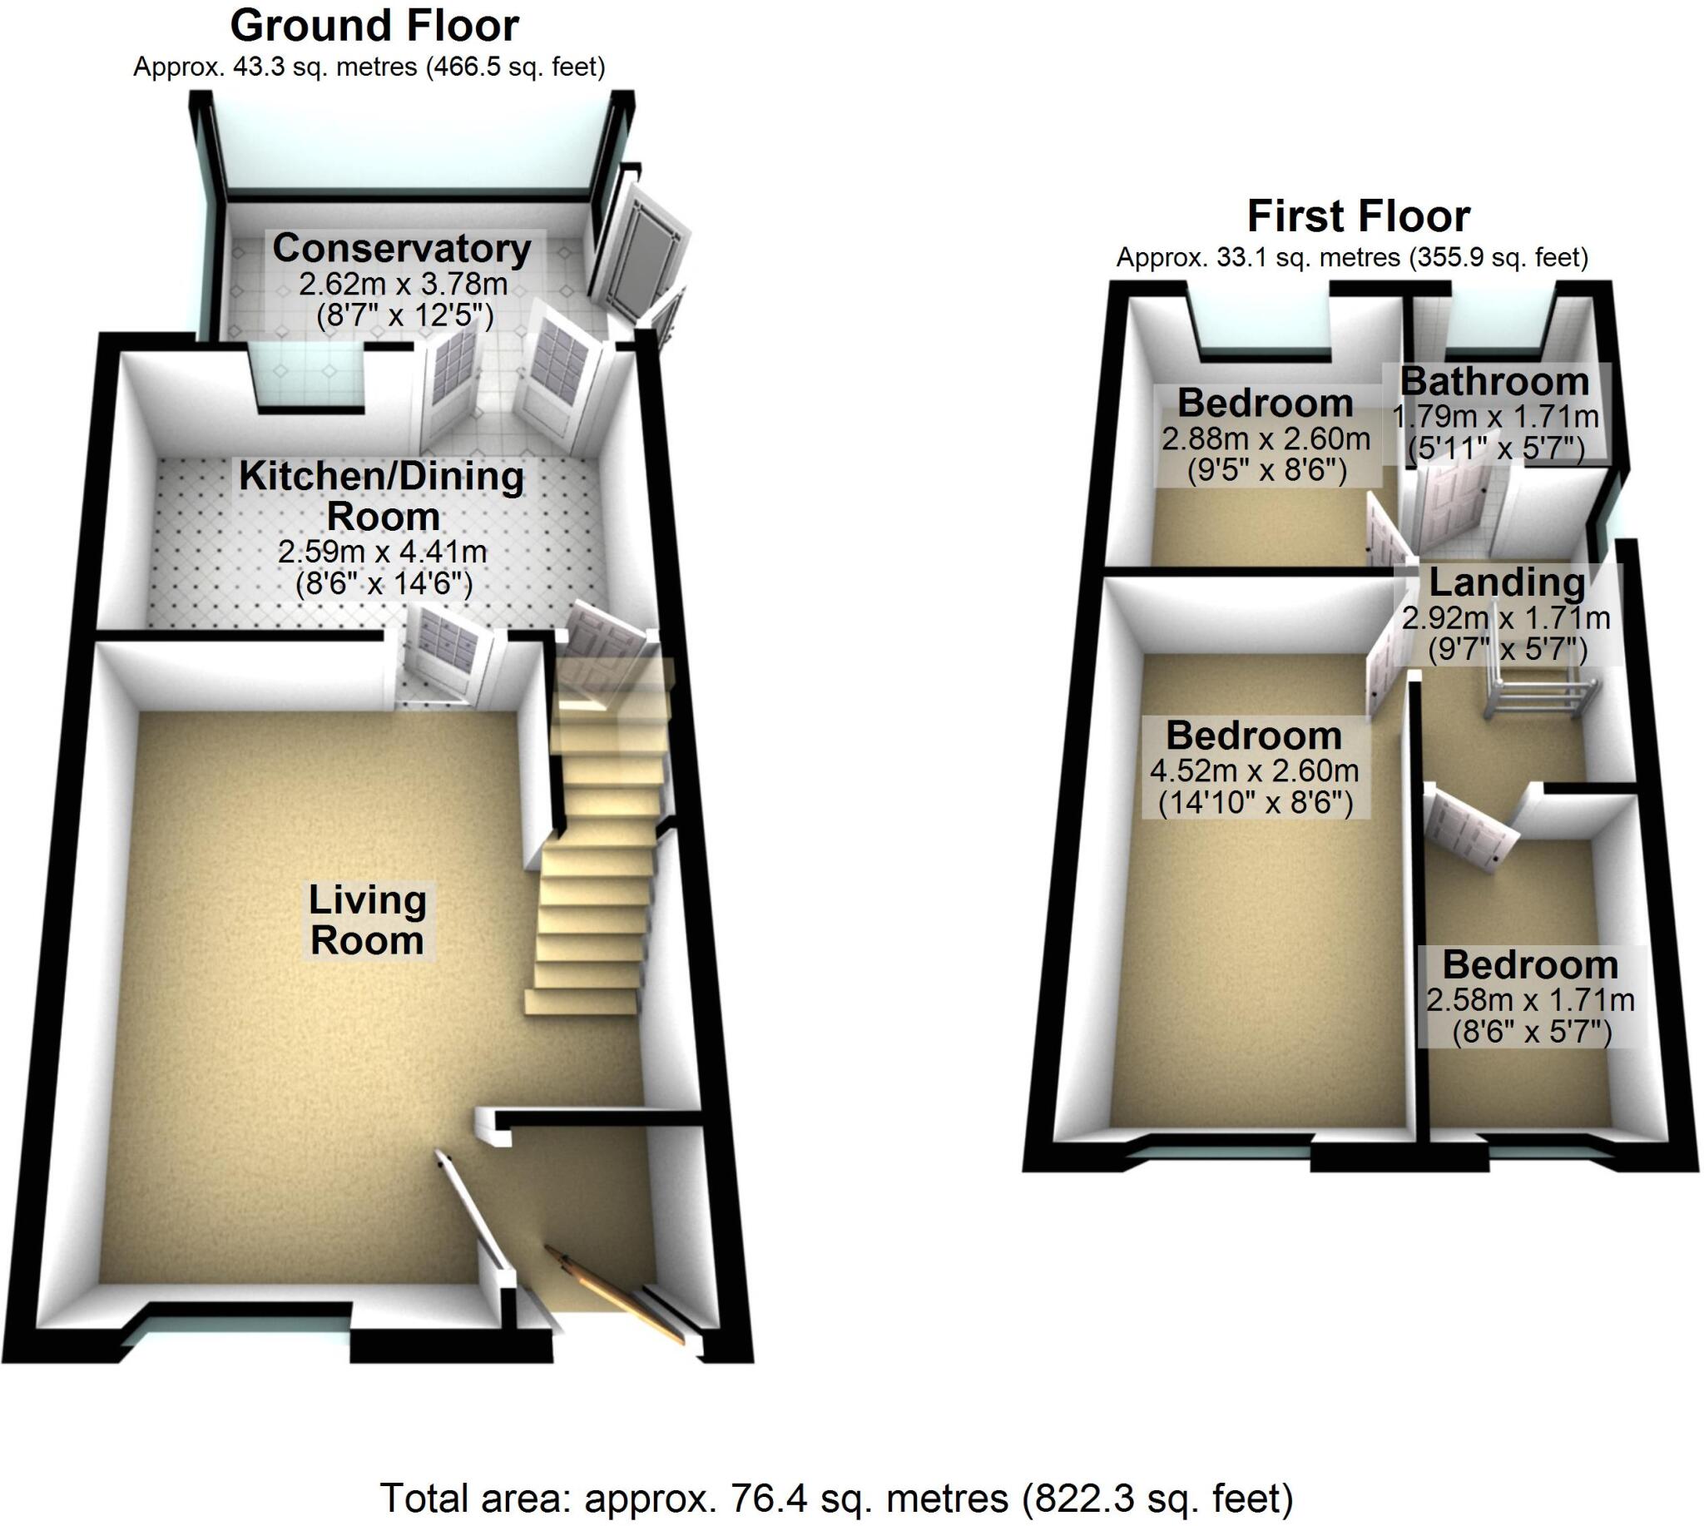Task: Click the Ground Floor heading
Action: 374,26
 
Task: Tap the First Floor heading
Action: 1358,216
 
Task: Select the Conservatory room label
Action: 402,248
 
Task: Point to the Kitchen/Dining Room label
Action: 382,496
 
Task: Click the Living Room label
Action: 367,919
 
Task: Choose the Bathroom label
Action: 1494,381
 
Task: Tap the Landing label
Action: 1506,582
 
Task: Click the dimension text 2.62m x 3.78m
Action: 404,285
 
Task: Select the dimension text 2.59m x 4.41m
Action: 383,552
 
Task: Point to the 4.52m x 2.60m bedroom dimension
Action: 1255,770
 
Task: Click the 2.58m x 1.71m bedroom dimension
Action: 1530,999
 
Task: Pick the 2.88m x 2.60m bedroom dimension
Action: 1266,438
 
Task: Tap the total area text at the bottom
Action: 836,1498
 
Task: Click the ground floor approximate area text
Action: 369,67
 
